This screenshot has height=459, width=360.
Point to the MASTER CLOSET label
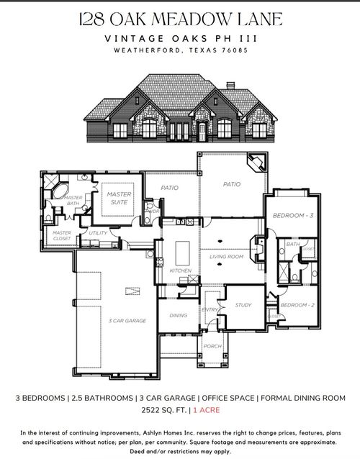(62, 235)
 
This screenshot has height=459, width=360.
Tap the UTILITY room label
(98, 233)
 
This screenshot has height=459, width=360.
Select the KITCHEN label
(180, 271)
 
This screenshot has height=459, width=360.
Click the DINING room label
(178, 315)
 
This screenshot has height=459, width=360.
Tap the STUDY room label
(244, 305)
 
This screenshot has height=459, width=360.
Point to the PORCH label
(212, 346)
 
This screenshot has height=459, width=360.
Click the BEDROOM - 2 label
(294, 306)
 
